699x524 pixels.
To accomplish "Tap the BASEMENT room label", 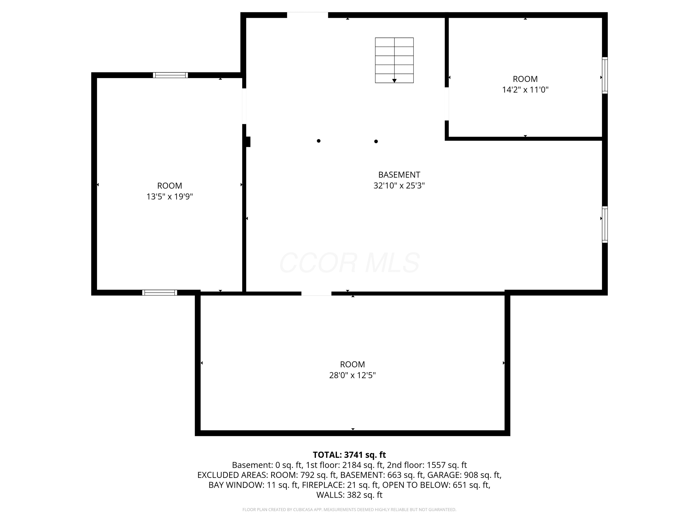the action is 399,175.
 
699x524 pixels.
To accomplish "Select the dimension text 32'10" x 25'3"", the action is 399,185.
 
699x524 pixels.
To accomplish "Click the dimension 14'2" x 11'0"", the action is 525,90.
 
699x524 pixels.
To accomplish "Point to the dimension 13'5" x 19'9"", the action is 170,197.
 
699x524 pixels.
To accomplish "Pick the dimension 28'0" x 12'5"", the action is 352,375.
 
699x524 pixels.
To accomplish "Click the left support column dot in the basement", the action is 319,141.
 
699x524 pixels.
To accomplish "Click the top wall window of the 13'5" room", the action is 170,75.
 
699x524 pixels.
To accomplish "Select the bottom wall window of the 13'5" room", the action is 160,293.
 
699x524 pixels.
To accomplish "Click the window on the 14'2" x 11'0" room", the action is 605,75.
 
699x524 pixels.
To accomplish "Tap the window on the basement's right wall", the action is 605,225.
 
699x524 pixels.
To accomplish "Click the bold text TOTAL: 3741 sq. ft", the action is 349,455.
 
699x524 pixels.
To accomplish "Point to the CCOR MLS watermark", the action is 349,263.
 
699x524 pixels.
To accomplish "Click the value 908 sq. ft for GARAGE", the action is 482,475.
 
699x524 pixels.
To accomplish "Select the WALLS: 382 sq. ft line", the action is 349,495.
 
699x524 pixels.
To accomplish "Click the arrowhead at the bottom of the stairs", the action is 394,81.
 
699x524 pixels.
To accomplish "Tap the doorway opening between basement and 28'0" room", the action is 316,293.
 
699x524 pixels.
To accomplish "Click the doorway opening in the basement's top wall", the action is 308,15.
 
